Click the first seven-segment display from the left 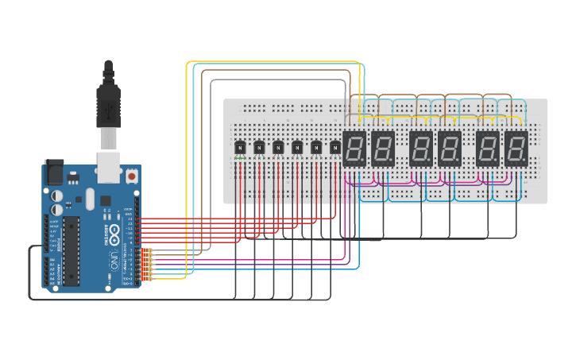coord(354,148)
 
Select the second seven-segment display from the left coord(383,148)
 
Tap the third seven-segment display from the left coord(421,148)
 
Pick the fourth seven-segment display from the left coord(450,148)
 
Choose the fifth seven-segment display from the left coord(488,148)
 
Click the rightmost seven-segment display coord(516,148)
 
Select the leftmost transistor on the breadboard coord(240,147)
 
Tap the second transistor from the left coord(259,147)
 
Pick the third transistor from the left coord(278,147)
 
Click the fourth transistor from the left coord(297,147)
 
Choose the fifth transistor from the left coord(316,147)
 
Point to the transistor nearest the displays coord(335,147)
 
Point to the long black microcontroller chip coord(72,250)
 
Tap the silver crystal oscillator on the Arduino coord(89,198)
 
